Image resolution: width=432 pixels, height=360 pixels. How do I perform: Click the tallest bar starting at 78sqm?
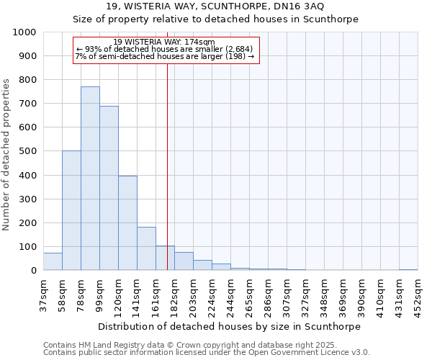[90, 179]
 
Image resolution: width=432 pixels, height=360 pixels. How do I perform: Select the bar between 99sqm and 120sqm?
[109, 189]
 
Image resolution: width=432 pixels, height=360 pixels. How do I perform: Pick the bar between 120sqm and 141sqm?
[127, 223]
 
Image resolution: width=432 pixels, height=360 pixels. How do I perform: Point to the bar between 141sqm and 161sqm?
[146, 249]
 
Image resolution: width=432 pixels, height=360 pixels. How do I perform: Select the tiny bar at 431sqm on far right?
[408, 269]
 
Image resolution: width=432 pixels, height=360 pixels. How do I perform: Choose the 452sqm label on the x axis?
[418, 294]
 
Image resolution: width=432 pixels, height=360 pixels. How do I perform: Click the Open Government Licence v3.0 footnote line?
[207, 353]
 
